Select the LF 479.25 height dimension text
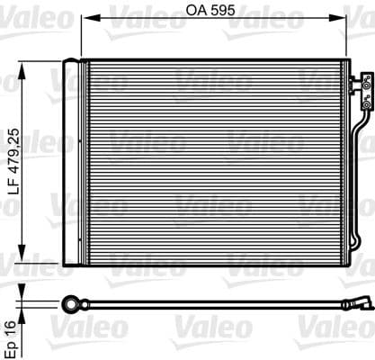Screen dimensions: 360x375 (11, 163)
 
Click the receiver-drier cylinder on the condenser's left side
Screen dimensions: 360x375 (71, 162)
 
